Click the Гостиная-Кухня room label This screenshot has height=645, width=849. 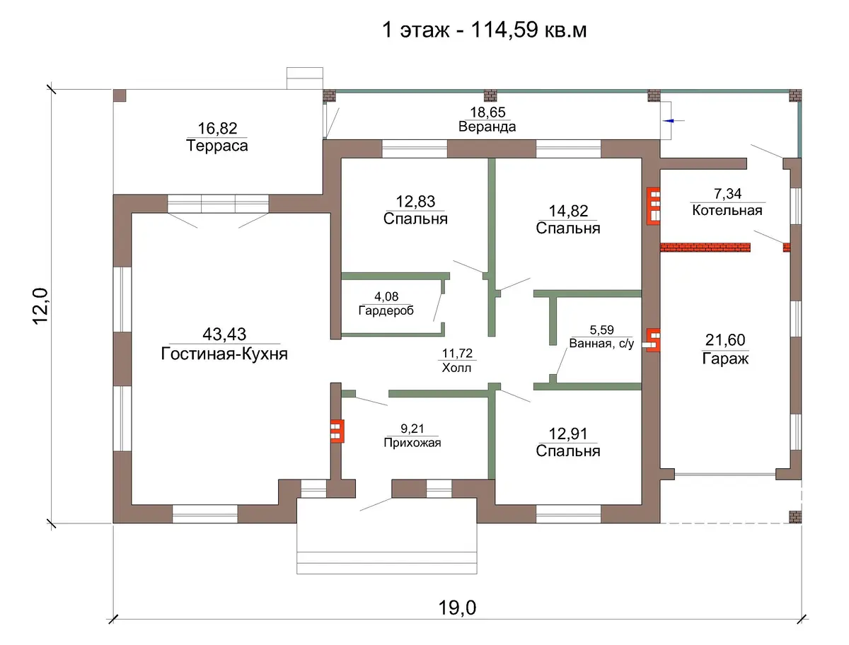pyautogui.click(x=224, y=354)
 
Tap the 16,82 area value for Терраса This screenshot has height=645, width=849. pyautogui.click(x=217, y=128)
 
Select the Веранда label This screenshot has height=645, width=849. pyautogui.click(x=487, y=127)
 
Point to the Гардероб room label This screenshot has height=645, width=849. pyautogui.click(x=386, y=310)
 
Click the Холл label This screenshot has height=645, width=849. pyautogui.click(x=456, y=368)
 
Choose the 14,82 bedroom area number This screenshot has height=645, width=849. pyautogui.click(x=568, y=211)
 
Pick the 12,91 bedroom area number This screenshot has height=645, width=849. pyautogui.click(x=568, y=434)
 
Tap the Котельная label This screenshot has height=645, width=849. pyautogui.click(x=727, y=210)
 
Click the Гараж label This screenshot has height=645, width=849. pyautogui.click(x=725, y=359)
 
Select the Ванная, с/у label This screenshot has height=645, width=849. pyautogui.click(x=601, y=343)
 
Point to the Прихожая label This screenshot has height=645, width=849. pyautogui.click(x=412, y=443)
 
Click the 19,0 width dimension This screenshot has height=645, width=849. pyautogui.click(x=457, y=608)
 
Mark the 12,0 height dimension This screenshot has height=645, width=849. pyautogui.click(x=40, y=306)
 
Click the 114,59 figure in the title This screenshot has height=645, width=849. pyautogui.click(x=504, y=30)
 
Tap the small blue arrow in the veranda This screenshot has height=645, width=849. pyautogui.click(x=669, y=121)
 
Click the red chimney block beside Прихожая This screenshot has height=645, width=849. pyautogui.click(x=337, y=431)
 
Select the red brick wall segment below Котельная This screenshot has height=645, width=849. pyautogui.click(x=705, y=248)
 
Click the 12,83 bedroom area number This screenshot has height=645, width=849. pyautogui.click(x=415, y=202)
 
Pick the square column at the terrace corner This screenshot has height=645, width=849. pyautogui.click(x=120, y=95)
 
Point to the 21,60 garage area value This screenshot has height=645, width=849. pyautogui.click(x=725, y=340)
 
